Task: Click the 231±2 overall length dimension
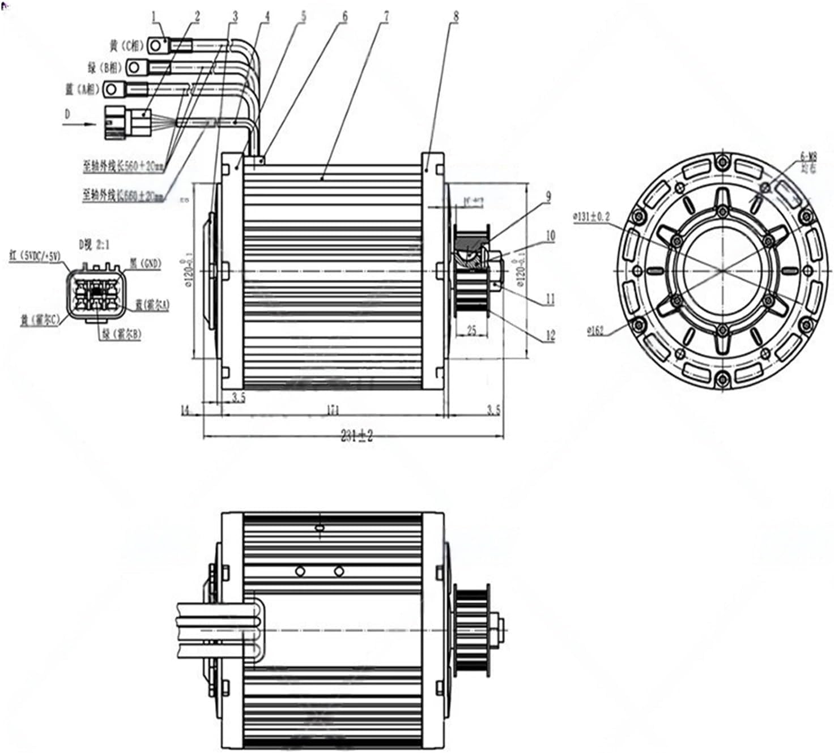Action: [357, 436]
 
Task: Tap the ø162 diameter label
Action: [595, 331]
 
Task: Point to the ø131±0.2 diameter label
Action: [592, 216]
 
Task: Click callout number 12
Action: [550, 335]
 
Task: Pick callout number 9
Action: [548, 197]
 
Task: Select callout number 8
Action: [456, 16]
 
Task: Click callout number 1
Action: [154, 17]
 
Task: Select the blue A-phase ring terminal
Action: [113, 89]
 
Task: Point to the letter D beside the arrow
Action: [67, 114]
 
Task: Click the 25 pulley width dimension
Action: [471, 330]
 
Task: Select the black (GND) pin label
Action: [146, 263]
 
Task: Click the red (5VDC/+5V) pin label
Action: [35, 255]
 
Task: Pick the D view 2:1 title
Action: [95, 245]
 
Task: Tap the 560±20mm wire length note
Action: [124, 167]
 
